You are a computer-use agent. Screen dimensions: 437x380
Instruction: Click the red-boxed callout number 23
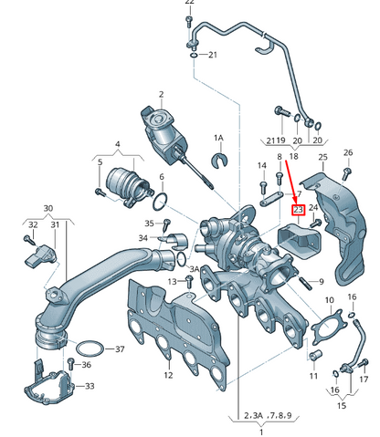point(297,210)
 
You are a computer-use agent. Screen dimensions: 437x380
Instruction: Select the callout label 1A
point(218,138)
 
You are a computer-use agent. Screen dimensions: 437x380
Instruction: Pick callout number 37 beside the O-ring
point(120,349)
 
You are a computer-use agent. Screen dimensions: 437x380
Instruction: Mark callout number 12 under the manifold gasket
point(167,374)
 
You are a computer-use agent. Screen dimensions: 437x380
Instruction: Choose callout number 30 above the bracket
point(47,208)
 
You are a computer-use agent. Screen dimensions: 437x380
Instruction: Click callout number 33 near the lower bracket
point(90,387)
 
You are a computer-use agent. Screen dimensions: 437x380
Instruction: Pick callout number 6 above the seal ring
point(161,177)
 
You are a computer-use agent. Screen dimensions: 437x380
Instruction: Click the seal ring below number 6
point(160,201)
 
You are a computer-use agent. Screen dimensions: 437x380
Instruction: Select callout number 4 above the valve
point(117,144)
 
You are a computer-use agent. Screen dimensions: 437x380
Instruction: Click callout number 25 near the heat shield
point(322,158)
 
